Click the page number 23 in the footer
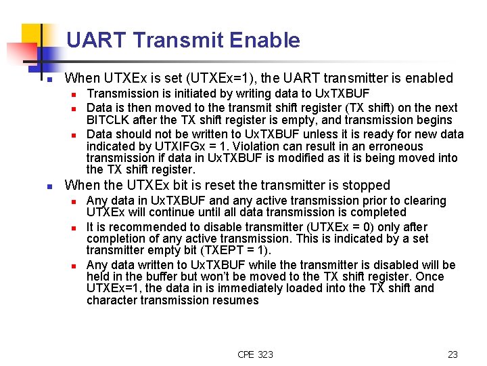click(453, 354)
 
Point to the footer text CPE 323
click(256, 354)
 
